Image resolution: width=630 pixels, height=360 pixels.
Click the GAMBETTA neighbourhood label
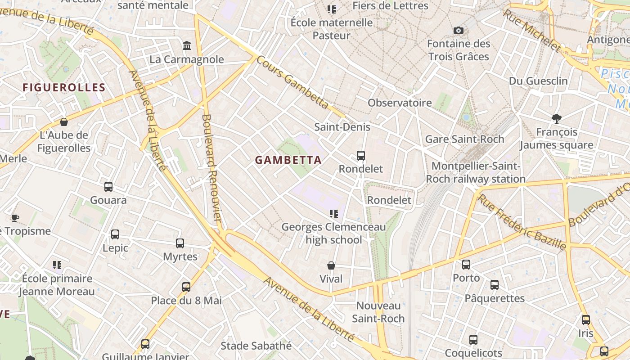(288, 160)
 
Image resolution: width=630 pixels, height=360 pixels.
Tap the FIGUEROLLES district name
(64, 87)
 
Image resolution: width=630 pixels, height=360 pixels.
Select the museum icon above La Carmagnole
(187, 45)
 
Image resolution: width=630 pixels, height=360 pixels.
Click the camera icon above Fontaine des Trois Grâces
(459, 30)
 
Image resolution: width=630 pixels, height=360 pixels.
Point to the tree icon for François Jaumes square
(557, 118)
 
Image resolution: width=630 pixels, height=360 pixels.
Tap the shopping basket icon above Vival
(331, 265)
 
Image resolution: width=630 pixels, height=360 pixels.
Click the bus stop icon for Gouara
(108, 187)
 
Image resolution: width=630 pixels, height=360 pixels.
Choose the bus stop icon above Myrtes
(180, 243)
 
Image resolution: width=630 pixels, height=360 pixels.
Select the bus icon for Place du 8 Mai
(186, 287)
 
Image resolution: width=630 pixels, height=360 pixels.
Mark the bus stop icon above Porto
(466, 265)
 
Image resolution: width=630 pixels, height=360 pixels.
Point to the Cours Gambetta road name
(292, 82)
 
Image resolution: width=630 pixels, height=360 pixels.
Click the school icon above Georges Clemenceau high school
(333, 213)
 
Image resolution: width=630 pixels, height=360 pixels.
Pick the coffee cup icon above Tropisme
(15, 218)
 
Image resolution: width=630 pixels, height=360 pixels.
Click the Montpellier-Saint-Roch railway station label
(476, 172)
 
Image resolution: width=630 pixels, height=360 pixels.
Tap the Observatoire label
(400, 103)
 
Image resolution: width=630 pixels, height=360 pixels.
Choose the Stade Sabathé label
(256, 346)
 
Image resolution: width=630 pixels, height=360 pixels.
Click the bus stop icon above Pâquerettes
(495, 285)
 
